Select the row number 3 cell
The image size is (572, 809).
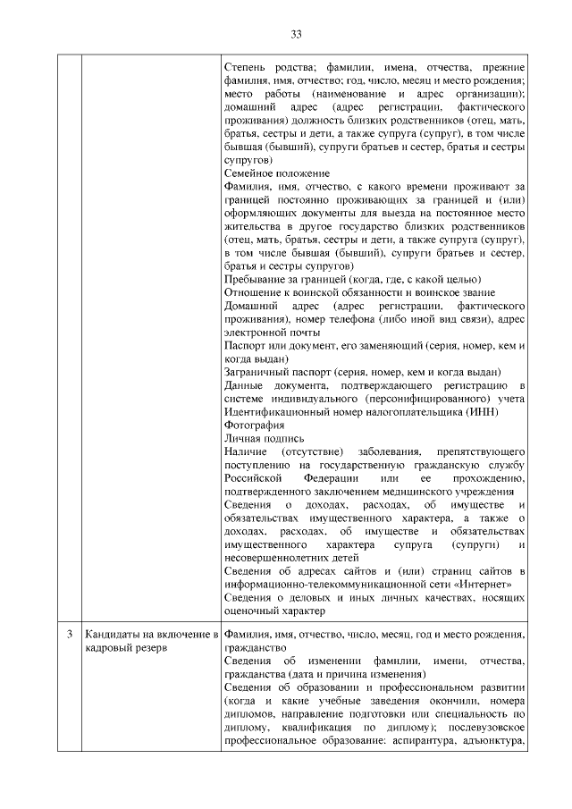tap(70, 635)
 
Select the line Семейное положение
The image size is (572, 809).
tap(276, 173)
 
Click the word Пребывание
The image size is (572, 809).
tap(254, 279)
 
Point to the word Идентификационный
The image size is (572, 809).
tap(276, 410)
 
